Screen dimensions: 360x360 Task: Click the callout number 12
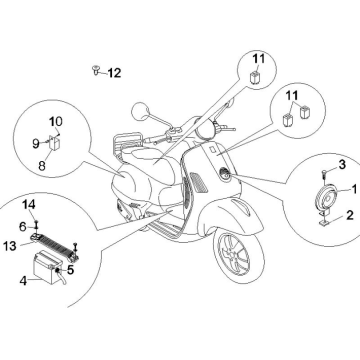tap(114, 73)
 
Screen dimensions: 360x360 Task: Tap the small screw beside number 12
tap(96, 70)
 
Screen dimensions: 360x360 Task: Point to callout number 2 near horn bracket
tap(350, 215)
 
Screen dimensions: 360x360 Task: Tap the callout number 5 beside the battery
tap(70, 270)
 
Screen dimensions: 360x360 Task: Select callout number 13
tap(10, 246)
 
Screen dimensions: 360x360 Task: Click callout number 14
tap(29, 205)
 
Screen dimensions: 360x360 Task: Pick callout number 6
tap(23, 227)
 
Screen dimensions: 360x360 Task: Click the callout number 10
tap(56, 121)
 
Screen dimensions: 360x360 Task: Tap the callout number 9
tap(36, 144)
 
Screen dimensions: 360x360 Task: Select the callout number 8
tap(42, 166)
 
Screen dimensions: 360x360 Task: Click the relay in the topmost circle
tap(255, 77)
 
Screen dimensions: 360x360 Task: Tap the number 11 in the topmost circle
tap(258, 59)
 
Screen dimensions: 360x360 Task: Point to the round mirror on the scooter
tap(140, 111)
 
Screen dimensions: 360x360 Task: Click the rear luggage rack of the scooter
tap(128, 144)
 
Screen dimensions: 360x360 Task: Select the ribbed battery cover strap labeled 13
tap(55, 246)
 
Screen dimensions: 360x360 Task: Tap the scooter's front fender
tap(230, 216)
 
